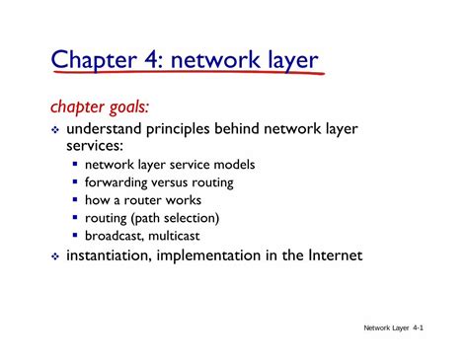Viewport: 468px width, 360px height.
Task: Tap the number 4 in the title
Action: tap(147, 61)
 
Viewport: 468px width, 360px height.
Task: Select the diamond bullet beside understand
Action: tap(55, 128)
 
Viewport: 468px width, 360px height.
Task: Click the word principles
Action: tap(185, 128)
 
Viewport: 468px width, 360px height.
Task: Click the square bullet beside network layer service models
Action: tap(76, 165)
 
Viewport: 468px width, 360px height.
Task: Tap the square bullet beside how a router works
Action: tap(76, 200)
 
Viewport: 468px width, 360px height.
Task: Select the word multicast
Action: tap(187, 236)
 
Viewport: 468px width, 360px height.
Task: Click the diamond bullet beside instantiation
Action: tap(55, 255)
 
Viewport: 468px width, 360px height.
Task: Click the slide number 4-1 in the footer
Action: tap(419, 326)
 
